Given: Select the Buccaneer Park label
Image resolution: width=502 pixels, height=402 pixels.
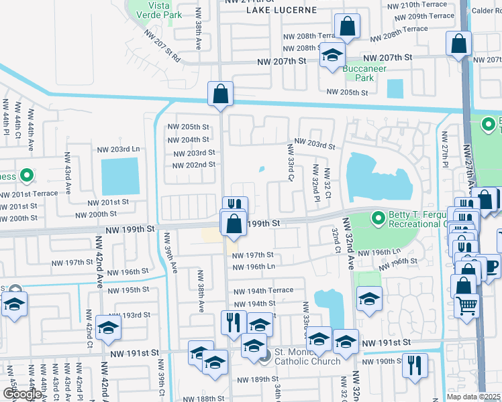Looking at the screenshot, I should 358,73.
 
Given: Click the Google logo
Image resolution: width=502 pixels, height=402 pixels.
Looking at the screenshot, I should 21,394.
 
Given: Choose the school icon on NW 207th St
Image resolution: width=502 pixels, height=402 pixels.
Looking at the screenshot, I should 332,56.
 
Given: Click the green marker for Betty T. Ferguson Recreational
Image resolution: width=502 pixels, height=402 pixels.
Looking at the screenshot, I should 378,218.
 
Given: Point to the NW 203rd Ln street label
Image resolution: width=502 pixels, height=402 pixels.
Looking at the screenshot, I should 118,149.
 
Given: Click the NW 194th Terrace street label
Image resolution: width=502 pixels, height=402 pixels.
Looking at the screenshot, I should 263,291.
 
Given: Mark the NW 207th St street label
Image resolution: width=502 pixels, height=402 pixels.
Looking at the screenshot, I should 282,61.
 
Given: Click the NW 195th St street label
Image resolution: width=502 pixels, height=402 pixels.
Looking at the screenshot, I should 126,289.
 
